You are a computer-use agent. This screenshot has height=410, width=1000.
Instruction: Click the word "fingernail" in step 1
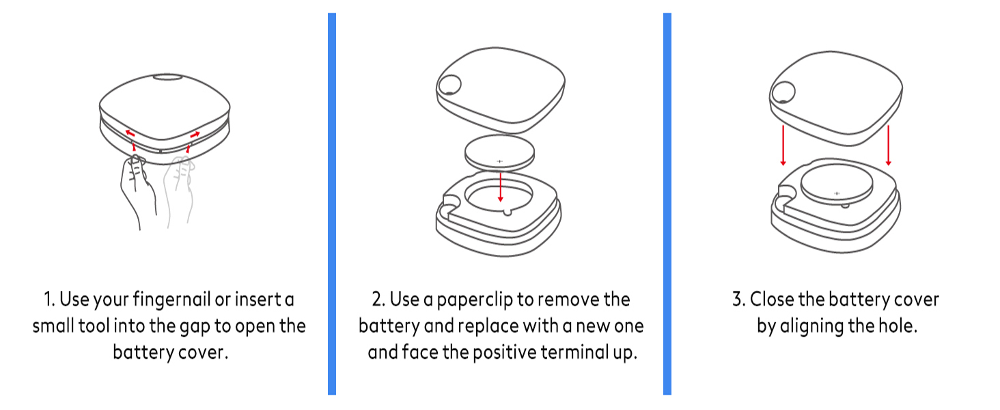click(x=171, y=300)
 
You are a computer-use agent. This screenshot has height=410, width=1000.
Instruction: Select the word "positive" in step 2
click(x=505, y=353)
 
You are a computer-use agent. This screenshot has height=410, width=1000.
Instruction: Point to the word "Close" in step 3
click(x=772, y=300)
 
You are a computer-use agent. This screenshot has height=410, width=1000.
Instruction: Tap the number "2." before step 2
click(x=378, y=300)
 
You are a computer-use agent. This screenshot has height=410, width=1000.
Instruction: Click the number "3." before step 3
click(x=739, y=300)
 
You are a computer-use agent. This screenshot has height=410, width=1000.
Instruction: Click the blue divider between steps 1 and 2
click(x=332, y=204)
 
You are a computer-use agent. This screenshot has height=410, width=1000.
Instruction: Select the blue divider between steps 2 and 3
click(x=667, y=204)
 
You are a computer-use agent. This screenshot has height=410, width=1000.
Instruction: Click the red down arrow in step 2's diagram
click(x=501, y=187)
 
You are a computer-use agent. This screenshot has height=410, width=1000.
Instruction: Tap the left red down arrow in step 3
click(x=783, y=146)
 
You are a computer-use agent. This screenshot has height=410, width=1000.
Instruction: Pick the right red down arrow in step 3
click(x=889, y=146)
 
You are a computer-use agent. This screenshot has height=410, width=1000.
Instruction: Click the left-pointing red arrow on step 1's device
click(x=130, y=133)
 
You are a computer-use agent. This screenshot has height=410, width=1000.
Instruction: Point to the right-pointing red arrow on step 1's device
click(x=195, y=134)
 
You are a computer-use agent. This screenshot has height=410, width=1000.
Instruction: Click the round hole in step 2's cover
click(x=449, y=85)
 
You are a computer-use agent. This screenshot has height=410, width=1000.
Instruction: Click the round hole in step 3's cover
click(x=783, y=92)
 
